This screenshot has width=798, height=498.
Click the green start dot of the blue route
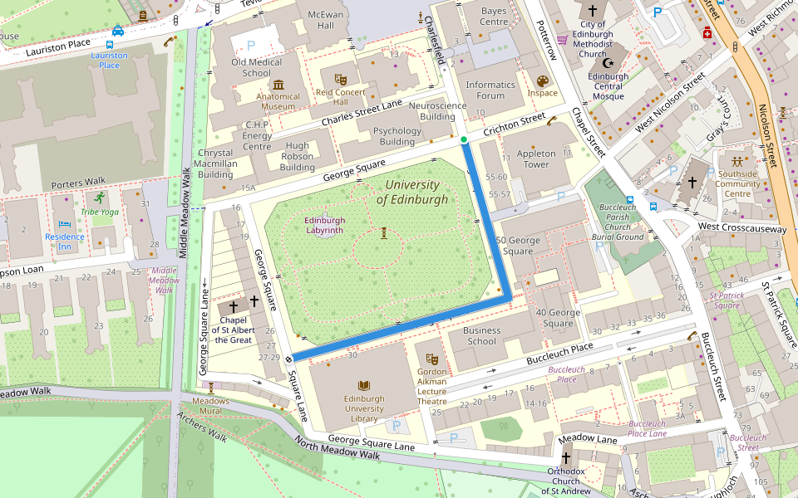click(464, 139)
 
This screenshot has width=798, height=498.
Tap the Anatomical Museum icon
click(278, 85)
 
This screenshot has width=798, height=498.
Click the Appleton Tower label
click(536, 159)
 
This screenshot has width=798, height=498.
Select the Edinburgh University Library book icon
click(363, 386)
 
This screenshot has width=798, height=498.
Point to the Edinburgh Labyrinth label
click(325, 225)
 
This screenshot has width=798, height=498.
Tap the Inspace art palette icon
click(543, 81)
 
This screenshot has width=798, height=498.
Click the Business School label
click(481, 335)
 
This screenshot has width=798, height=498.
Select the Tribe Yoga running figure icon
click(101, 198)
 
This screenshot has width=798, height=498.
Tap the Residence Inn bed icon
click(65, 224)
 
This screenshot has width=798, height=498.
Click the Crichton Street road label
click(515, 127)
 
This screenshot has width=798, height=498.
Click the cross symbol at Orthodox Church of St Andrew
click(566, 457)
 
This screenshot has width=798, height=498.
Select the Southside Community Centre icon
click(738, 161)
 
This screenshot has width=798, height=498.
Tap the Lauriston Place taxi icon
click(118, 31)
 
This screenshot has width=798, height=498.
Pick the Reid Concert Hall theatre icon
click(340, 79)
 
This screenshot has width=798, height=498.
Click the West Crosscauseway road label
click(741, 227)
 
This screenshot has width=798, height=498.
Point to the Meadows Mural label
click(210, 406)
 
